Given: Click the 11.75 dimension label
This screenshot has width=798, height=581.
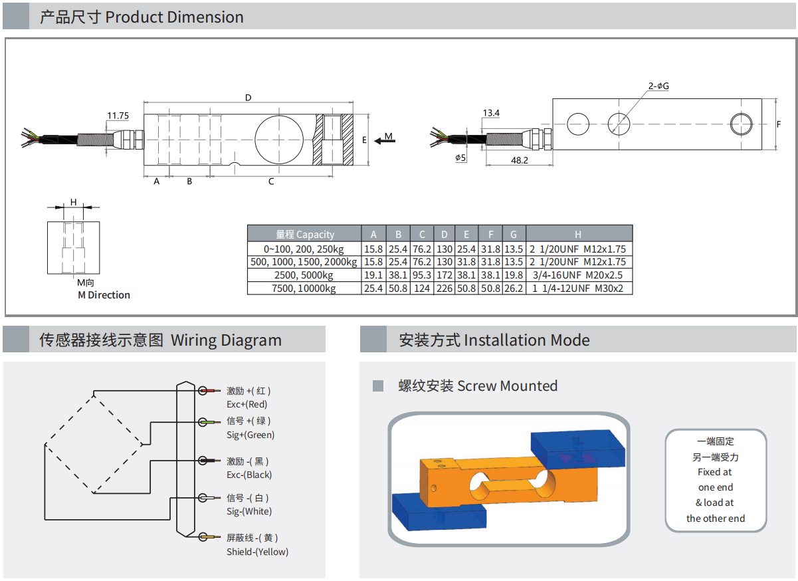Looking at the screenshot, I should click(118, 116).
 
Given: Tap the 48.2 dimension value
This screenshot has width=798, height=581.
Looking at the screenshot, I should click(520, 160).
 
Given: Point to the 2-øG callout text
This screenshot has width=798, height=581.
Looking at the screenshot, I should click(658, 86).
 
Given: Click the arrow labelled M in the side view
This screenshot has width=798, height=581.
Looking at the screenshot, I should click(384, 140).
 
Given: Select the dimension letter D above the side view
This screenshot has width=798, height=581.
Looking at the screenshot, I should click(248, 98).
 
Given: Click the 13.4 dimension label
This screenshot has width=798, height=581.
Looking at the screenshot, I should click(491, 113).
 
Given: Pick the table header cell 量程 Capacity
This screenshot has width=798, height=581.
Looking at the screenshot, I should click(305, 234).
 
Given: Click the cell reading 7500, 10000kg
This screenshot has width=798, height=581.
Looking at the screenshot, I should click(305, 289).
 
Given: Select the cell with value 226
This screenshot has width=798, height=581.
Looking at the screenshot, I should click(444, 289).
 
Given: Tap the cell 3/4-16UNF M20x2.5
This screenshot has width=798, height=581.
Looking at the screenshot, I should click(578, 275).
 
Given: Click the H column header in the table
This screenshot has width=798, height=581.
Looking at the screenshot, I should click(578, 234).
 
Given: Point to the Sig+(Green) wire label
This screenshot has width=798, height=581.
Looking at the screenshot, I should click(250, 435).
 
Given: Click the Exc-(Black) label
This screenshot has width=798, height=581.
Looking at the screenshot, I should click(249, 475).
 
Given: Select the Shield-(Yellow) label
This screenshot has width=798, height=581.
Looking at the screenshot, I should click(258, 552).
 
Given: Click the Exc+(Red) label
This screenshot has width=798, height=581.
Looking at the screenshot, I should click(247, 404).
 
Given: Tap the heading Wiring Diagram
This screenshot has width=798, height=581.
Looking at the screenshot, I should click(226, 340).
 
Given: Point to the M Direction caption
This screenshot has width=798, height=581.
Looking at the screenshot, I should click(104, 295).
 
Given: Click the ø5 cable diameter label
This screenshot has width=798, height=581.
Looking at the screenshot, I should click(461, 158).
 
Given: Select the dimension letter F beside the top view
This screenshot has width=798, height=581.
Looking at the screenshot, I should click(779, 124).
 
